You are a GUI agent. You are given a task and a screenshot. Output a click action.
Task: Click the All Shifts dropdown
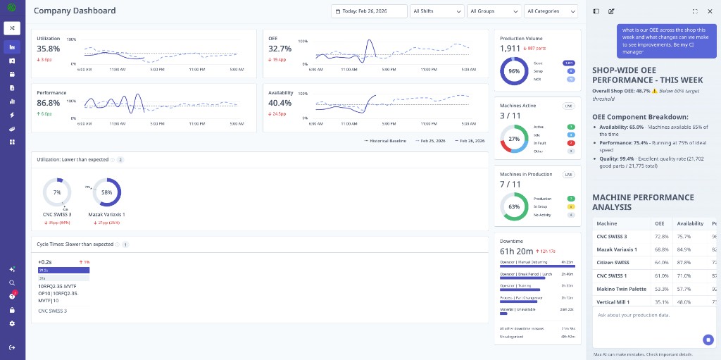tap(436, 11)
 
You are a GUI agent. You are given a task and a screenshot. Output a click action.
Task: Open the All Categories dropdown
tap(552, 11)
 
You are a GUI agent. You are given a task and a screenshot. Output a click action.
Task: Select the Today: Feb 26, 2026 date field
tap(369, 11)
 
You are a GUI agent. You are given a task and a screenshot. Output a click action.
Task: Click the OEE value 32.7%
tap(280, 49)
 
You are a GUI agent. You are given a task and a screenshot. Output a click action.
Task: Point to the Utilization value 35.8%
tap(48, 49)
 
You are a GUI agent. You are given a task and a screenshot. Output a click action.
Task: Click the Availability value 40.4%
tap(280, 103)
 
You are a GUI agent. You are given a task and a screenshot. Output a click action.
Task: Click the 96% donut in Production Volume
tap(514, 71)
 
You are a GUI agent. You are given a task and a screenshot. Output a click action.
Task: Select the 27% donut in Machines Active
tap(514, 139)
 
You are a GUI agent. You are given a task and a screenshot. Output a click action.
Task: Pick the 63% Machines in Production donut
tap(514, 206)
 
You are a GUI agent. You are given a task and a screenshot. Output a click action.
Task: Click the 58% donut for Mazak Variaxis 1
tap(107, 192)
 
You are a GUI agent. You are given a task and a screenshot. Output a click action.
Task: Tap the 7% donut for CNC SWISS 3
tap(57, 192)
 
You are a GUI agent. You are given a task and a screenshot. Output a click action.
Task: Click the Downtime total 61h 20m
tap(516, 251)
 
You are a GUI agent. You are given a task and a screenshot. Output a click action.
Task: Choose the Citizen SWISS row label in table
tap(613, 262)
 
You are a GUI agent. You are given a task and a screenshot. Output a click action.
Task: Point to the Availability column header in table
tap(690, 223)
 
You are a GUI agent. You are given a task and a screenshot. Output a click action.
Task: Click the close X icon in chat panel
tap(710, 11)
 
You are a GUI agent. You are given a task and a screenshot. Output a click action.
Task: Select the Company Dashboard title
tap(75, 11)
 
